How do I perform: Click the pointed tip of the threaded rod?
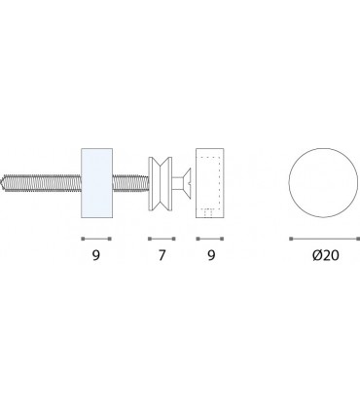[2, 182]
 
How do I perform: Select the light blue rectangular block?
[96, 183]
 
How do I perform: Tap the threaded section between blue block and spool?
[130, 183]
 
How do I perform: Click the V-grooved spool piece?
[161, 184]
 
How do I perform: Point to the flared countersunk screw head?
[187, 184]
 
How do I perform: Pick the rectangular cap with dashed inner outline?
[210, 183]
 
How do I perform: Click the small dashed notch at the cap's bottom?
[208, 212]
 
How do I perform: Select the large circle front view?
[323, 182]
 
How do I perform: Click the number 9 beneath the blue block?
[96, 255]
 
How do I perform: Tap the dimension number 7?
[162, 255]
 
